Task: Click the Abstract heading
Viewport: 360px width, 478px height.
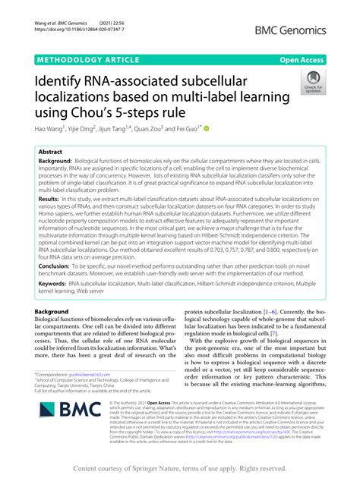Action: click(51, 153)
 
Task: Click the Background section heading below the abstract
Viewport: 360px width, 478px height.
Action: click(61, 312)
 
